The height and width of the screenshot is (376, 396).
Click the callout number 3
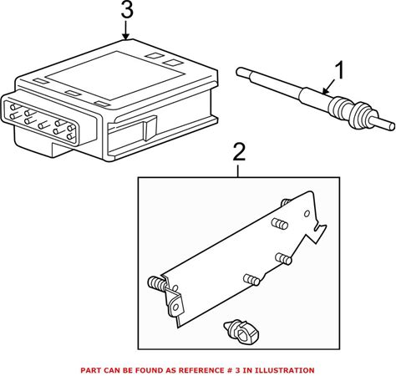pyautogui.click(x=127, y=11)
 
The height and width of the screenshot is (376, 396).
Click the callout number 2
pyautogui.click(x=239, y=152)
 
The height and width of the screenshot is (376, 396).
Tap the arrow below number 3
pyautogui.click(x=126, y=30)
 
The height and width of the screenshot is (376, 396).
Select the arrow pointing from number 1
pyautogui.click(x=328, y=86)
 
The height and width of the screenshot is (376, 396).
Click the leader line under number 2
pyautogui.click(x=238, y=171)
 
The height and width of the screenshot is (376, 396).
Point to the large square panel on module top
pyautogui.click(x=115, y=75)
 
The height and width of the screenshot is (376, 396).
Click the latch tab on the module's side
pyautogui.click(x=150, y=128)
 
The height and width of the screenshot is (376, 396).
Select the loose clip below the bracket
pyautogui.click(x=241, y=331)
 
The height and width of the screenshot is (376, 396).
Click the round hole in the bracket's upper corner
pyautogui.click(x=307, y=214)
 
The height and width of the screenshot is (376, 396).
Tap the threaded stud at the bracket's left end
pyautogui.click(x=157, y=285)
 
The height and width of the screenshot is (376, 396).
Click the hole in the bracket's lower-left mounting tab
pyautogui.click(x=175, y=307)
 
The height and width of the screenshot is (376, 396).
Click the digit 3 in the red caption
pyautogui.click(x=236, y=370)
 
